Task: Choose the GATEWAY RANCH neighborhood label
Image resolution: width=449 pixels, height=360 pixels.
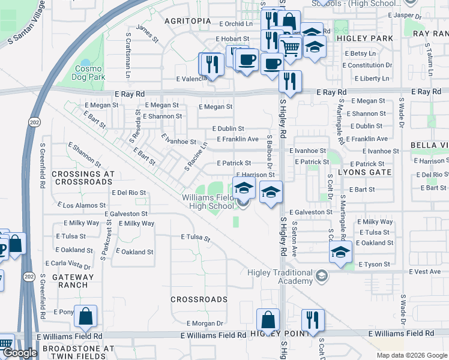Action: coord(73,281)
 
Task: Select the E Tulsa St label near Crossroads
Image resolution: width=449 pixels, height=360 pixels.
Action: coord(196,238)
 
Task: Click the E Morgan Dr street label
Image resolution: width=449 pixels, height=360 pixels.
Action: coord(205,323)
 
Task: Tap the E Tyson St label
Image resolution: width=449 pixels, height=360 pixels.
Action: coord(374,264)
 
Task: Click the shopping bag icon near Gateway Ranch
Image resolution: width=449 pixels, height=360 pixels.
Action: coord(85,316)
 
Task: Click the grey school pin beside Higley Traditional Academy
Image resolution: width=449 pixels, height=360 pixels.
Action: coord(322,276)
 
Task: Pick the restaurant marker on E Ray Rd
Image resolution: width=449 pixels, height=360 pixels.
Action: coord(290,82)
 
